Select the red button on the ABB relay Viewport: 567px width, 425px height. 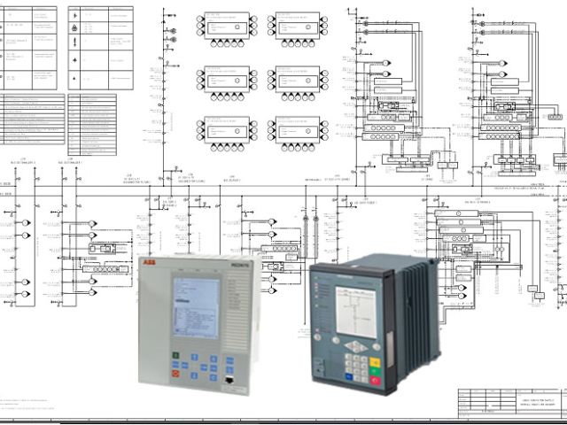[176, 375]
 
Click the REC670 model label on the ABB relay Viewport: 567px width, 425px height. [241, 264]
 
